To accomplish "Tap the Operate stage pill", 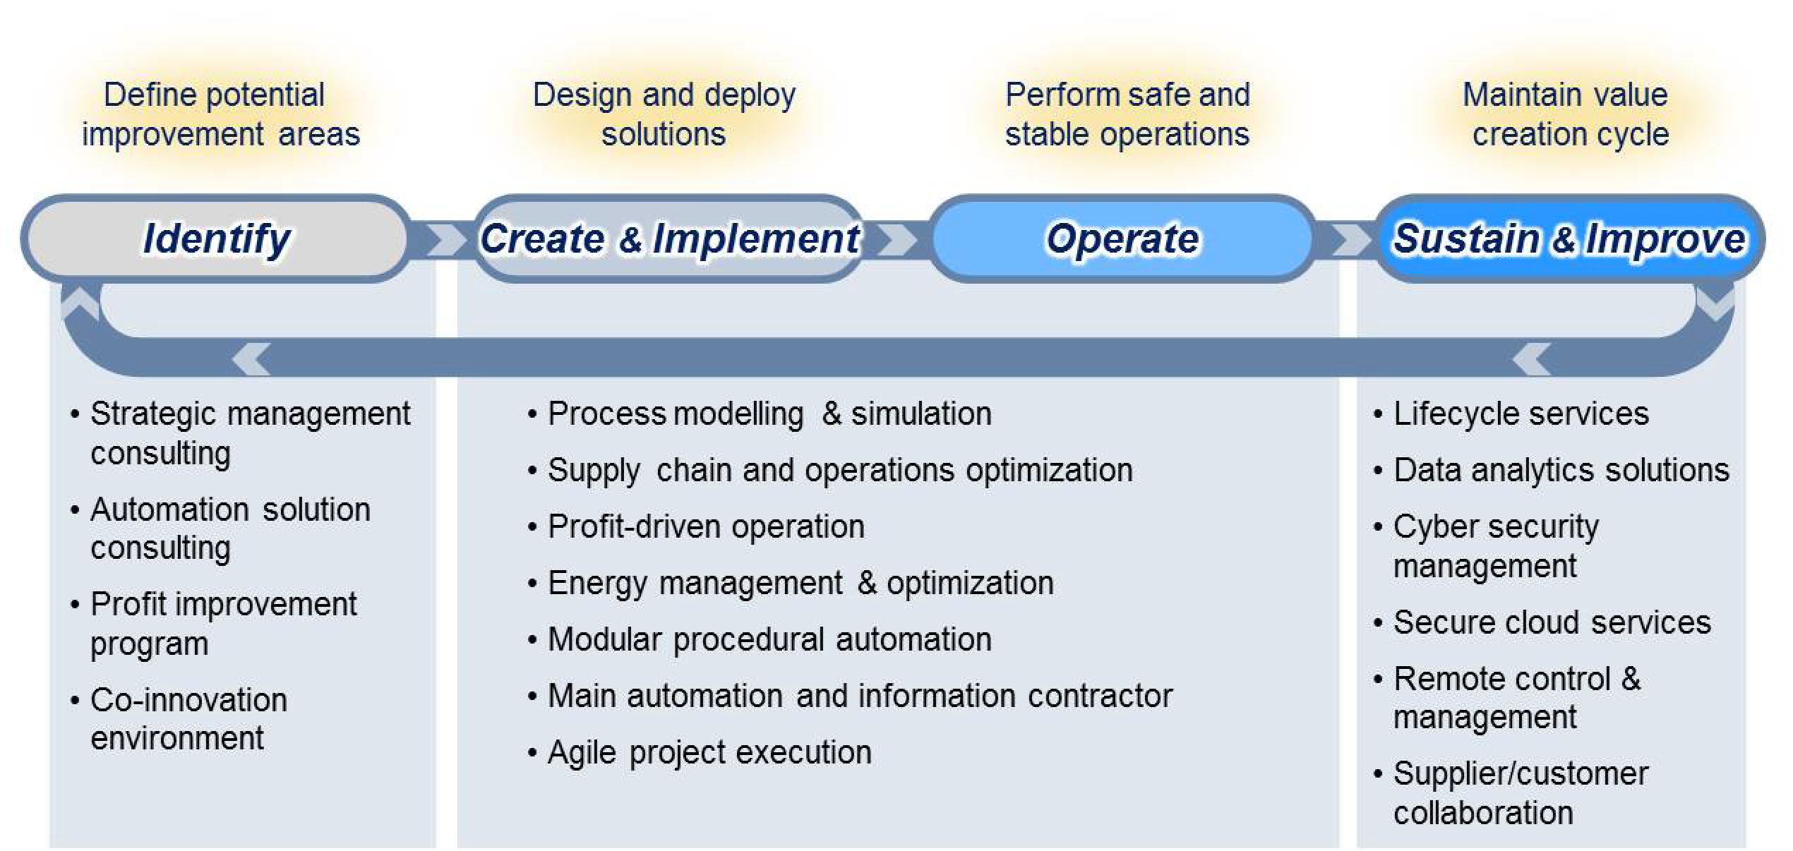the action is (1122, 239).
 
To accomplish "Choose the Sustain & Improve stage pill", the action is (1569, 239).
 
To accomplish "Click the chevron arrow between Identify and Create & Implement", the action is (446, 239).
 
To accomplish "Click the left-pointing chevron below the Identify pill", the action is (251, 358).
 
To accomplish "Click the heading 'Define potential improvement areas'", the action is (220, 114).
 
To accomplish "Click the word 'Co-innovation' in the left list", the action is (189, 700).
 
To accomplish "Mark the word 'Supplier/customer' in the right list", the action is (1521, 773).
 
